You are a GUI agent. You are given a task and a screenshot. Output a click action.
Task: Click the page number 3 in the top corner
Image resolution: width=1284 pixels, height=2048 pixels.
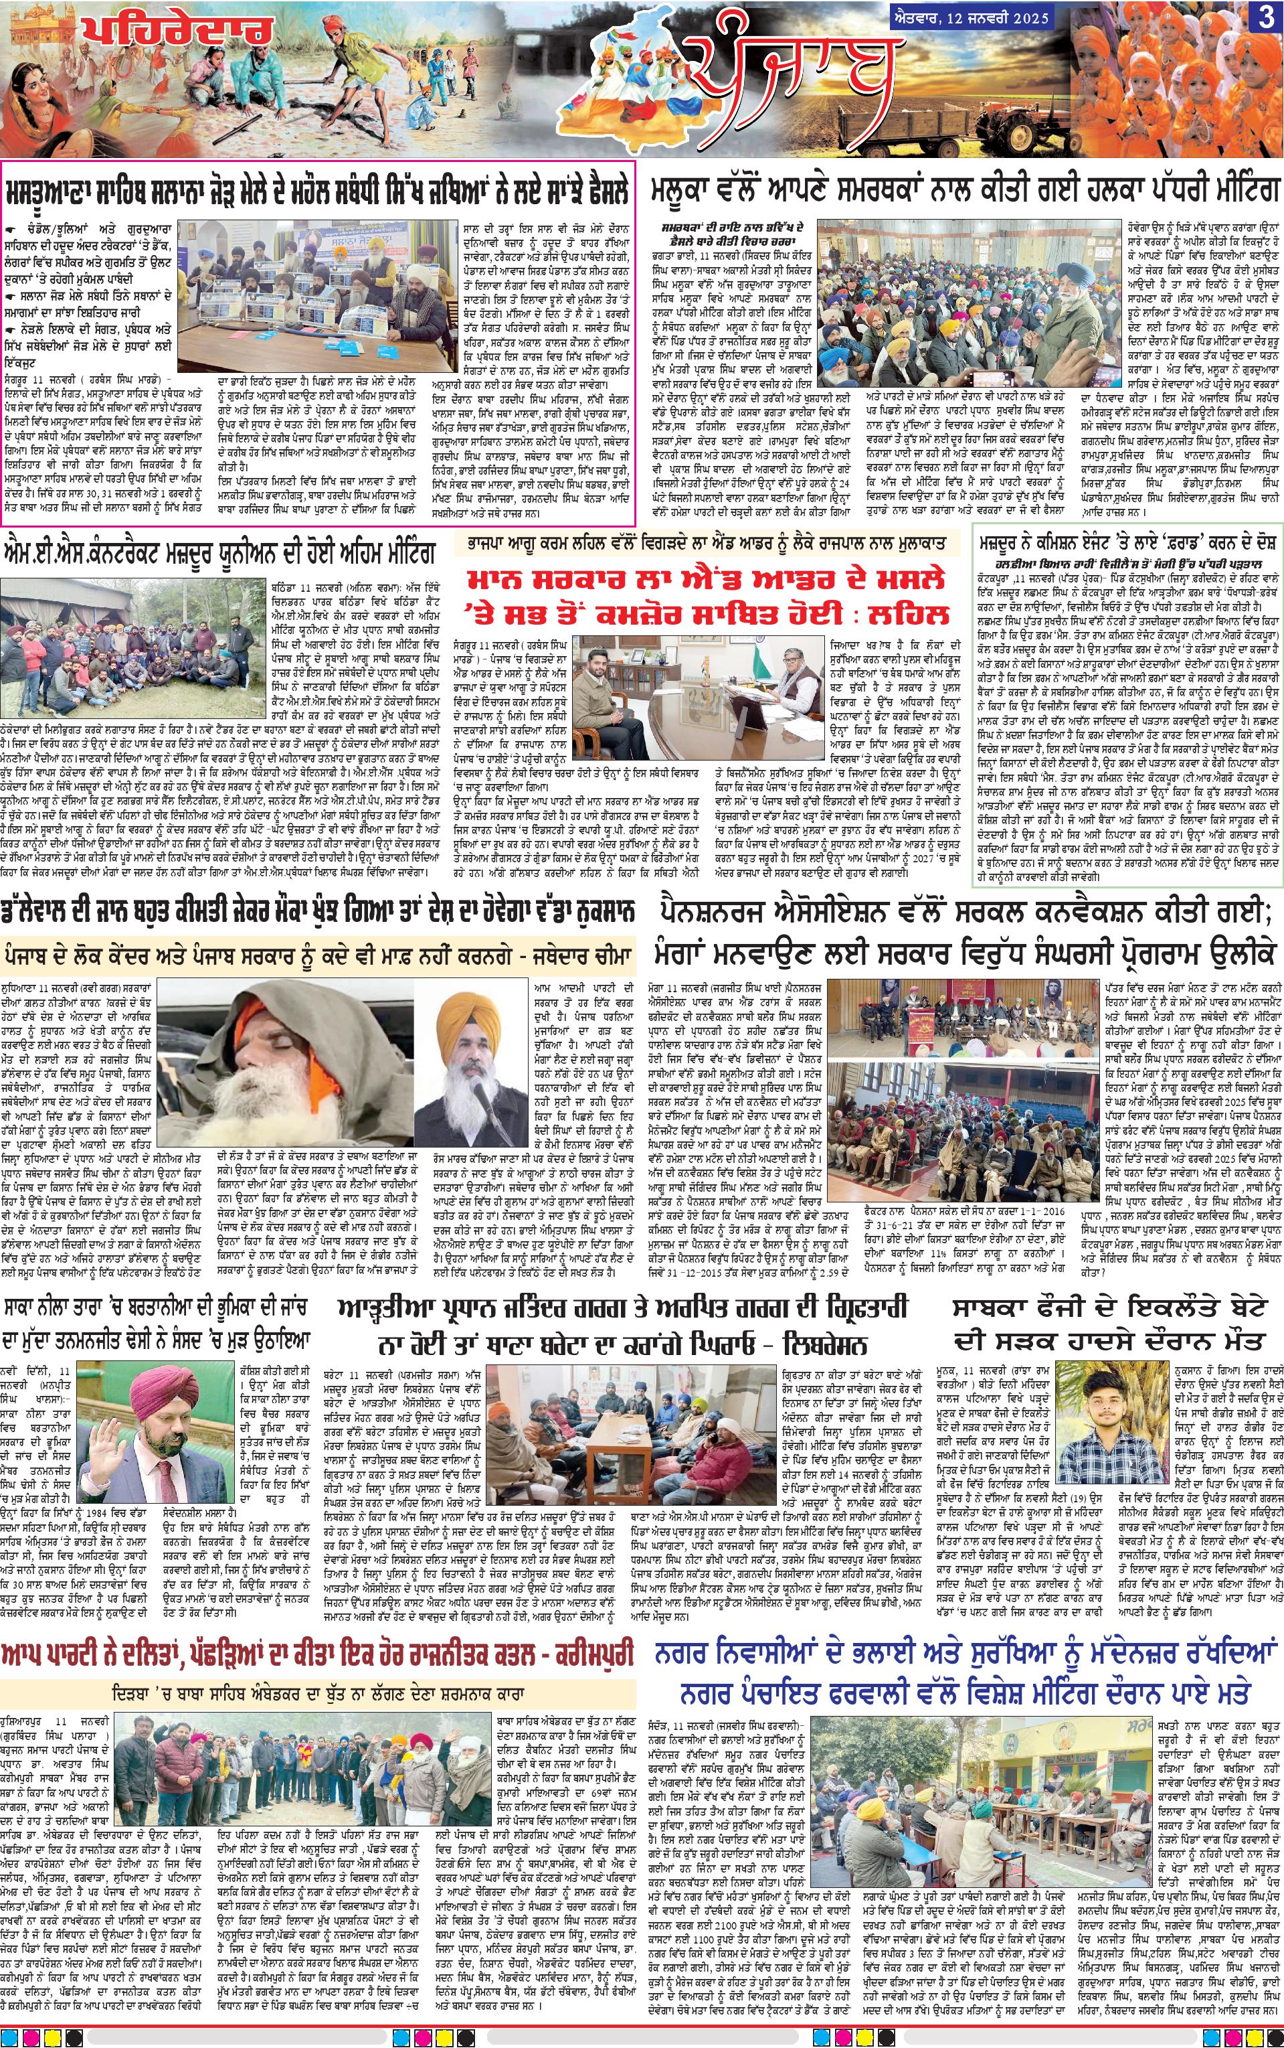click(x=1267, y=18)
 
